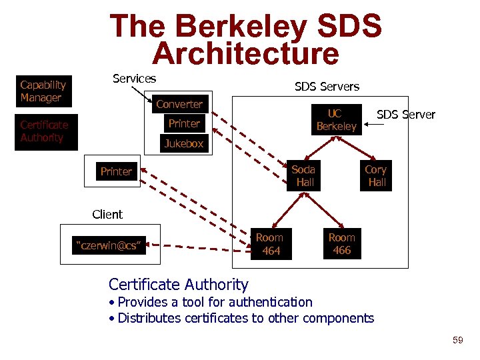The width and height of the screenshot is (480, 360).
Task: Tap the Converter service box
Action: (179, 104)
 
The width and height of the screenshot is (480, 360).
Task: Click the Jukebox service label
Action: (184, 143)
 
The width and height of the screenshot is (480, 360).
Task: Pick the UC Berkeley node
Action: (336, 120)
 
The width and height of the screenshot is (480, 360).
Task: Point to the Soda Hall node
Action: (305, 175)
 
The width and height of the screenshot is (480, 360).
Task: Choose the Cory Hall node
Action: (376, 175)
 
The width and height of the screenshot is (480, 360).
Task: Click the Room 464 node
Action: (270, 244)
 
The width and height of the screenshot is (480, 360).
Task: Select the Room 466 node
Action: (342, 244)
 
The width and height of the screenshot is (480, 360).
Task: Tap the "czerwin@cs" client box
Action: (108, 245)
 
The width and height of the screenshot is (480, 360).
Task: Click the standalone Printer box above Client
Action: (116, 171)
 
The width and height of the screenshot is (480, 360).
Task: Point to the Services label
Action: (134, 79)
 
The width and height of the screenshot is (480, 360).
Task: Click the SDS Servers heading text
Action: (327, 87)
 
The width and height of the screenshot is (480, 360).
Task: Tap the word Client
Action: (107, 215)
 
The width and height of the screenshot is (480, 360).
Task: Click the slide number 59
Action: (457, 341)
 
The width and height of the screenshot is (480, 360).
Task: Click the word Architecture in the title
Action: (245, 54)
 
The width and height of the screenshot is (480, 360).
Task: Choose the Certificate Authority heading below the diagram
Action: (178, 285)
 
